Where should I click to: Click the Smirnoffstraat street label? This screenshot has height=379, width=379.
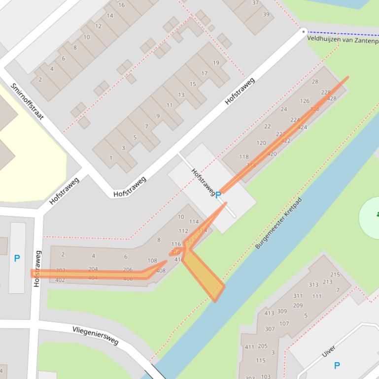(27, 101)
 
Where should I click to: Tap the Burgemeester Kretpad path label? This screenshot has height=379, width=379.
(278, 223)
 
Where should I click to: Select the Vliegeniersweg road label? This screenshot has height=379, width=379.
(96, 335)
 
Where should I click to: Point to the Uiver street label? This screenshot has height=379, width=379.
(329, 351)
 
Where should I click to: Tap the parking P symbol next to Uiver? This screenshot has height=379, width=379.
(337, 365)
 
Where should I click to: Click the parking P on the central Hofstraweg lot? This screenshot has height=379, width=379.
(218, 195)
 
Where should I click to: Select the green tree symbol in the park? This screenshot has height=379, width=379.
(377, 214)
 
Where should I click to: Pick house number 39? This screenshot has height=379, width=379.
(266, 14)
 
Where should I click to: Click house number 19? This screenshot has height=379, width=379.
(216, 63)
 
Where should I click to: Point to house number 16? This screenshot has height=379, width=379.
(121, 5)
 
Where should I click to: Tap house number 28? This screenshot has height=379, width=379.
(315, 82)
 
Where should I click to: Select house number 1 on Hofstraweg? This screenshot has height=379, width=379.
(111, 158)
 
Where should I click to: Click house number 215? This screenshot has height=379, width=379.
(335, 275)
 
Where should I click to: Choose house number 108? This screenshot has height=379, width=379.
(152, 261)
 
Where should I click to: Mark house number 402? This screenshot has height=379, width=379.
(60, 280)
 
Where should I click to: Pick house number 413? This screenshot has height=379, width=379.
(269, 313)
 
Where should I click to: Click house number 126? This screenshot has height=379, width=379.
(305, 101)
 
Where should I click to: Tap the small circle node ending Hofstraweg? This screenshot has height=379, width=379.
(304, 31)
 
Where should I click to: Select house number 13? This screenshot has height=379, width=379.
(181, 95)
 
